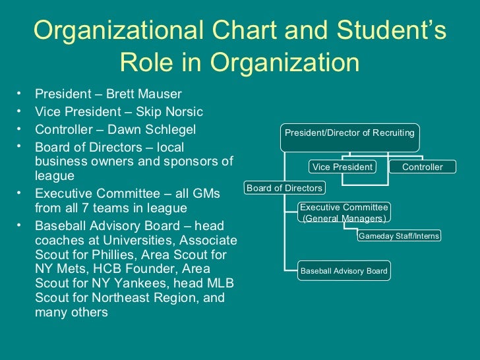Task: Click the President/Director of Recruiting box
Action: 349,133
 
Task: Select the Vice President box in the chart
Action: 342,167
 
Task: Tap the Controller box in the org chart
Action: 423,167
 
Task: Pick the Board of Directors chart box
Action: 284,188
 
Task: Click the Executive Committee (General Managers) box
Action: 344,212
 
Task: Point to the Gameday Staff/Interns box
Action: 399,235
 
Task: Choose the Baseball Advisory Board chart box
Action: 344,270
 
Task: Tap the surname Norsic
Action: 180,111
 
